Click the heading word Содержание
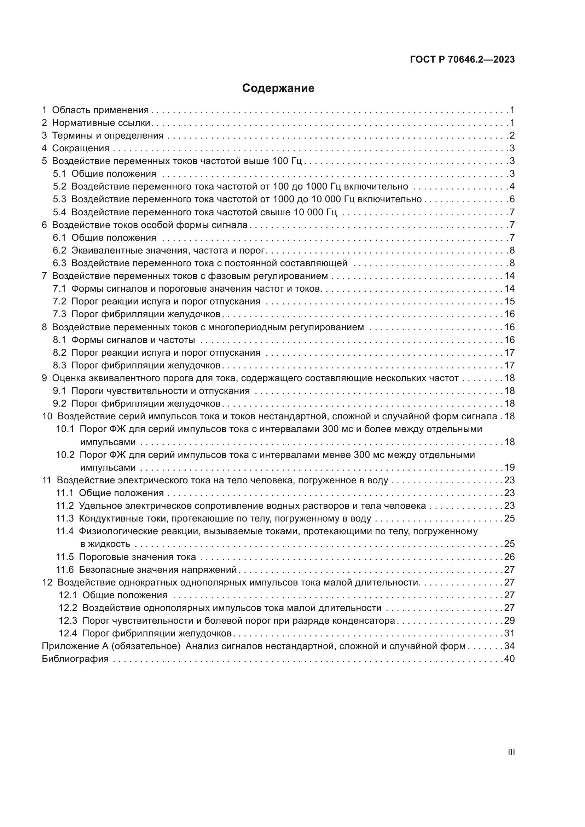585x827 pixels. (x=278, y=88)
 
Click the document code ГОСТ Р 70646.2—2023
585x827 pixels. (x=462, y=60)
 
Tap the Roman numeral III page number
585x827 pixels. (x=511, y=752)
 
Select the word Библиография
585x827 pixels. (x=75, y=659)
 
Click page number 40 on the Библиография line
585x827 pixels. (x=509, y=659)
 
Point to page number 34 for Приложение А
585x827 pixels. (x=509, y=646)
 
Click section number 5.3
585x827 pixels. (x=60, y=199)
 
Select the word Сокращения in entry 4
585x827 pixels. (x=81, y=148)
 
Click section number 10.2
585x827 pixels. (x=65, y=455)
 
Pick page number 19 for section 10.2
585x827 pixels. (x=509, y=467)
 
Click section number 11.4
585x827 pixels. (x=65, y=531)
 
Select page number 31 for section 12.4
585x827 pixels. (x=509, y=633)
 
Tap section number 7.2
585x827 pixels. (x=60, y=301)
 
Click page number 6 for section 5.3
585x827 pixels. (x=512, y=199)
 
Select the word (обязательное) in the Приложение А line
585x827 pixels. (x=145, y=646)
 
